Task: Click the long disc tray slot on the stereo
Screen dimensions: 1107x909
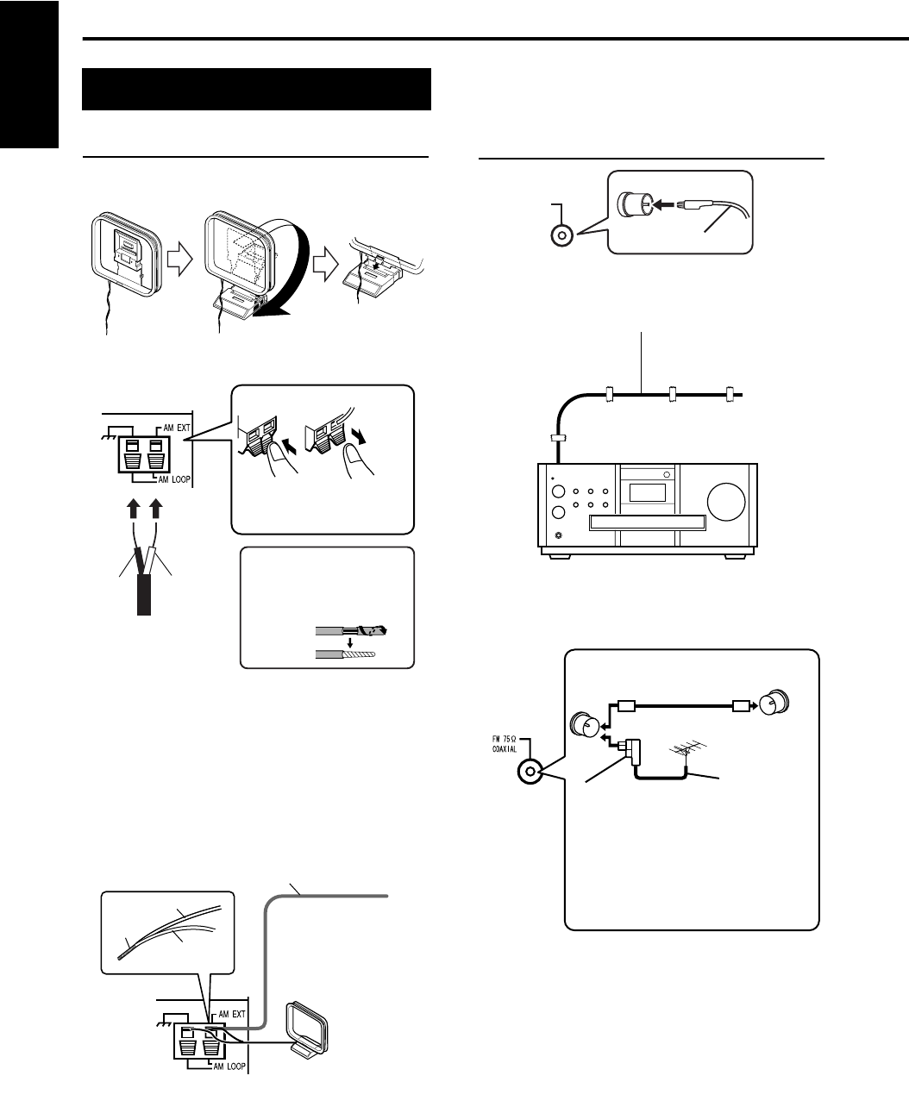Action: (646, 522)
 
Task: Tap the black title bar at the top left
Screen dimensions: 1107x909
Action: (256, 90)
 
